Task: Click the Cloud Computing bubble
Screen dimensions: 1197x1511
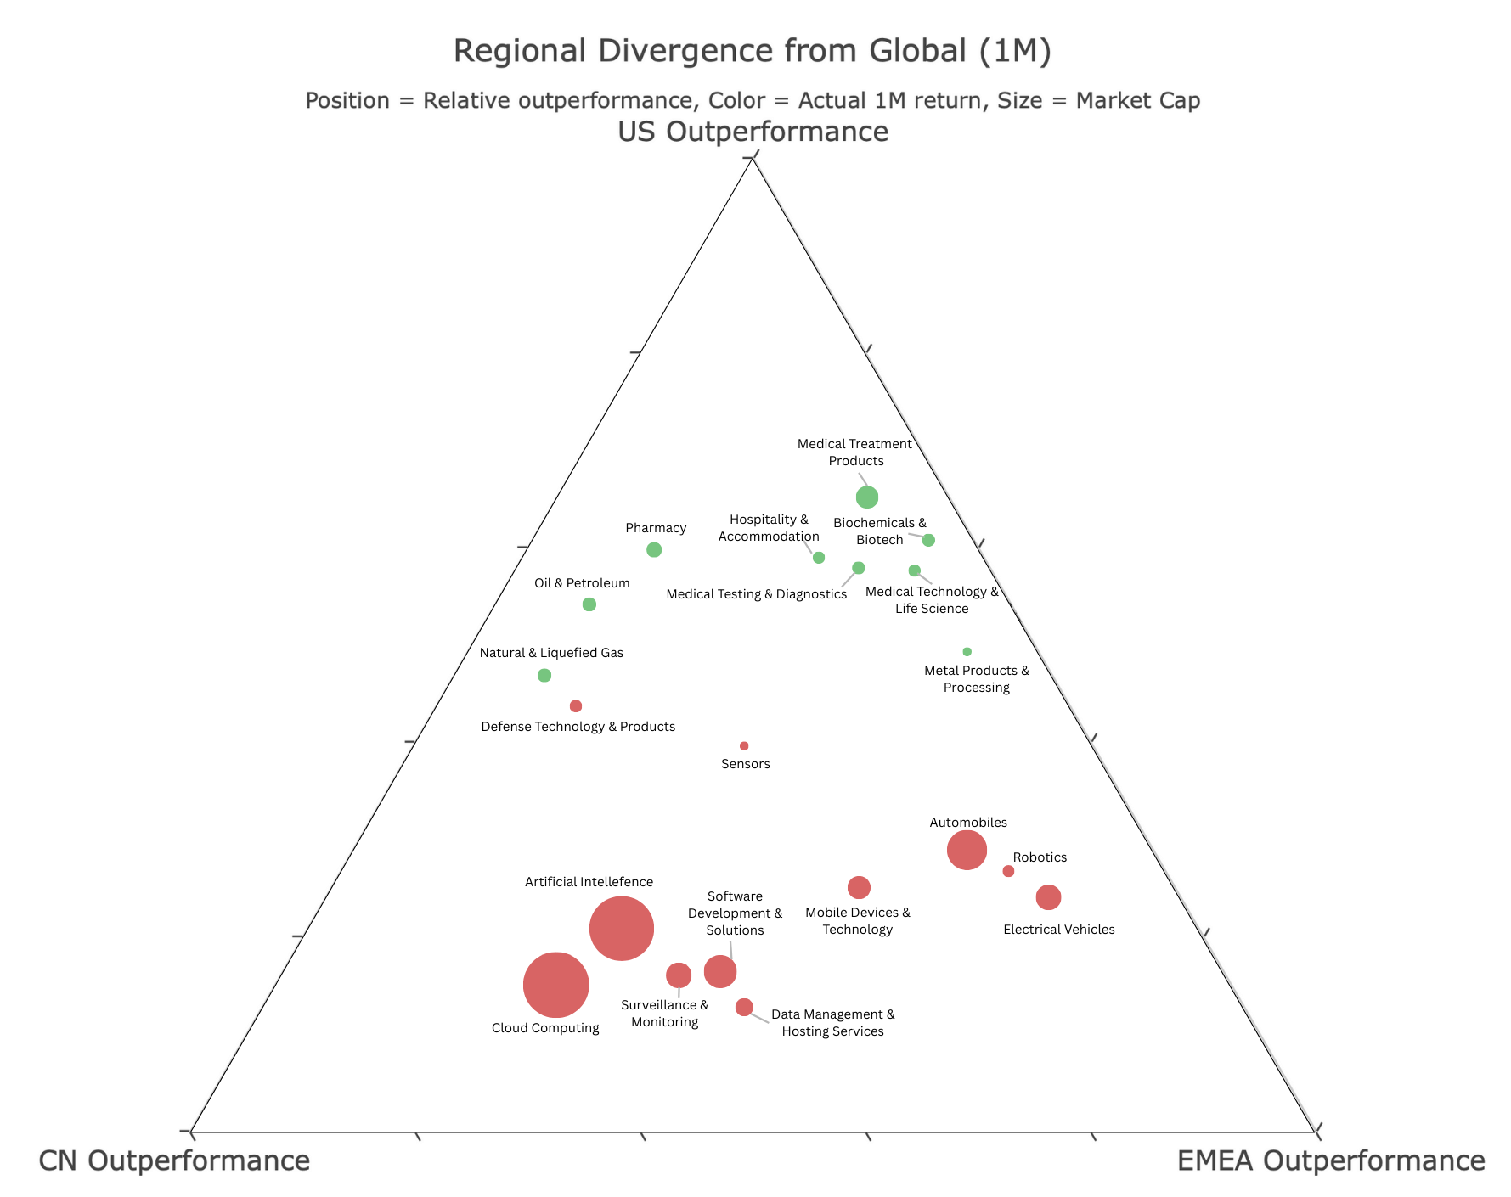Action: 555,985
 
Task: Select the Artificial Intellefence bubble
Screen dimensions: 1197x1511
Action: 622,929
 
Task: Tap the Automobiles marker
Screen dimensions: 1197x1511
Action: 967,850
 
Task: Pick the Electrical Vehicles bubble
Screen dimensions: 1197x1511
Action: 1049,896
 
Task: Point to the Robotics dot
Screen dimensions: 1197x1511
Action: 1008,871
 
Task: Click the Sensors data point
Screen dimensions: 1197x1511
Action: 744,746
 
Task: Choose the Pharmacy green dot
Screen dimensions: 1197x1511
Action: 654,549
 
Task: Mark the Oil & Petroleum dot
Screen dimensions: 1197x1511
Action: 589,604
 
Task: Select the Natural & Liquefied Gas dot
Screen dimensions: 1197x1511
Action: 544,676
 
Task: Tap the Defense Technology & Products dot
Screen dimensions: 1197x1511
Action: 576,706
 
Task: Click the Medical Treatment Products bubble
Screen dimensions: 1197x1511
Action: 866,497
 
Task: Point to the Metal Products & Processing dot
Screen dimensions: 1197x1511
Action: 967,652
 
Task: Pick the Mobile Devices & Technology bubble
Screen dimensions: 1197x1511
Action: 859,887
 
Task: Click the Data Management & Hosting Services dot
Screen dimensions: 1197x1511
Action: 744,1007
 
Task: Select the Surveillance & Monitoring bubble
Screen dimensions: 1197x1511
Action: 679,975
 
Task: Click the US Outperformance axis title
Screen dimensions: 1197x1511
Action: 753,132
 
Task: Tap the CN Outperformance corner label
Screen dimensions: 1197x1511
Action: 174,1160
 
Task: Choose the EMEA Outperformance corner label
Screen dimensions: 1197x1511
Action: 1330,1160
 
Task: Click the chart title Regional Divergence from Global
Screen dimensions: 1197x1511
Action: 753,51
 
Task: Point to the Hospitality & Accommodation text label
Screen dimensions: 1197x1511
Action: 769,528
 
